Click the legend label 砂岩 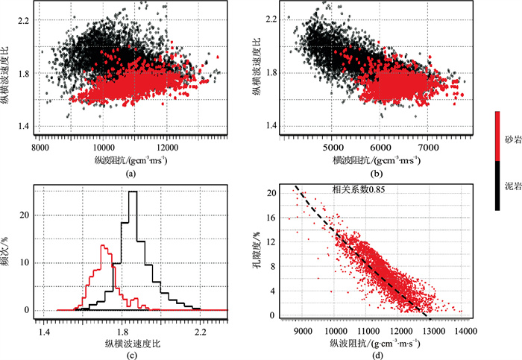click(x=510, y=140)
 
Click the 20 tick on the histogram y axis click(x=28, y=215)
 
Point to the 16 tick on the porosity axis click(x=272, y=218)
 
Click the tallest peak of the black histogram click(x=133, y=192)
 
